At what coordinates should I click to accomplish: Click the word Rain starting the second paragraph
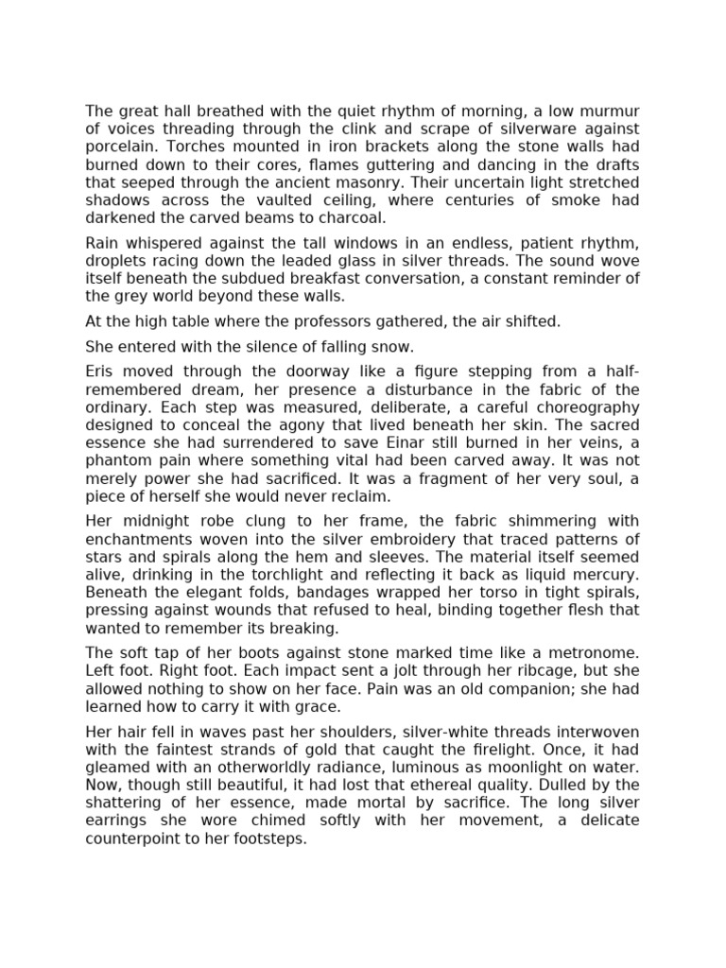point(103,243)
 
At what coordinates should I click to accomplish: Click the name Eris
point(101,372)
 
